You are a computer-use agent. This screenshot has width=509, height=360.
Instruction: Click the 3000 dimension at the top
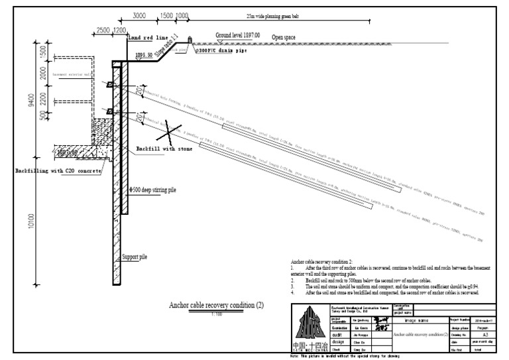click(139, 16)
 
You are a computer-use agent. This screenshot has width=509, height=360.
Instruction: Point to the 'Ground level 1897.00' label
click(238, 34)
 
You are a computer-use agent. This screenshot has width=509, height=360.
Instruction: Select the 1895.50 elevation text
click(144, 56)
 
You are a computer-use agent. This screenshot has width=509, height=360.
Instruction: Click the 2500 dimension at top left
click(103, 30)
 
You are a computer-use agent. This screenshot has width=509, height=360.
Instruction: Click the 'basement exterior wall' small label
click(70, 75)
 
